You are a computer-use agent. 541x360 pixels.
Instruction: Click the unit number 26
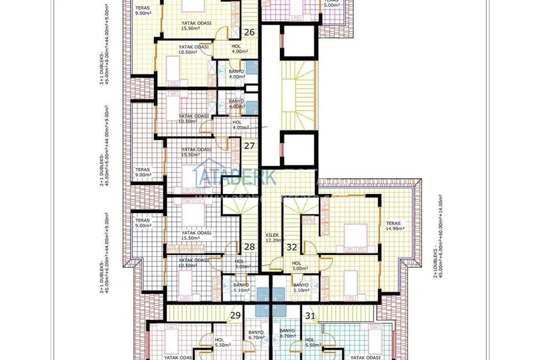(x=249, y=32)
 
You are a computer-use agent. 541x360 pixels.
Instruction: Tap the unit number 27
(x=249, y=146)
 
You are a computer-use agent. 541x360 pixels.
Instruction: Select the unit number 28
(x=249, y=247)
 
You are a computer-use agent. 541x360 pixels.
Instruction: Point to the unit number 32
(x=292, y=247)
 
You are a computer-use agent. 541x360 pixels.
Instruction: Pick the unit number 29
(x=235, y=315)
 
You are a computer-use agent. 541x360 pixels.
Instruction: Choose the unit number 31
(x=311, y=315)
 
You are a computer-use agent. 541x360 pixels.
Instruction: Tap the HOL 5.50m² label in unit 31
(x=311, y=342)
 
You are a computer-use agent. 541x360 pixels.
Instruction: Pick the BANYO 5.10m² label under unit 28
(x=241, y=287)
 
